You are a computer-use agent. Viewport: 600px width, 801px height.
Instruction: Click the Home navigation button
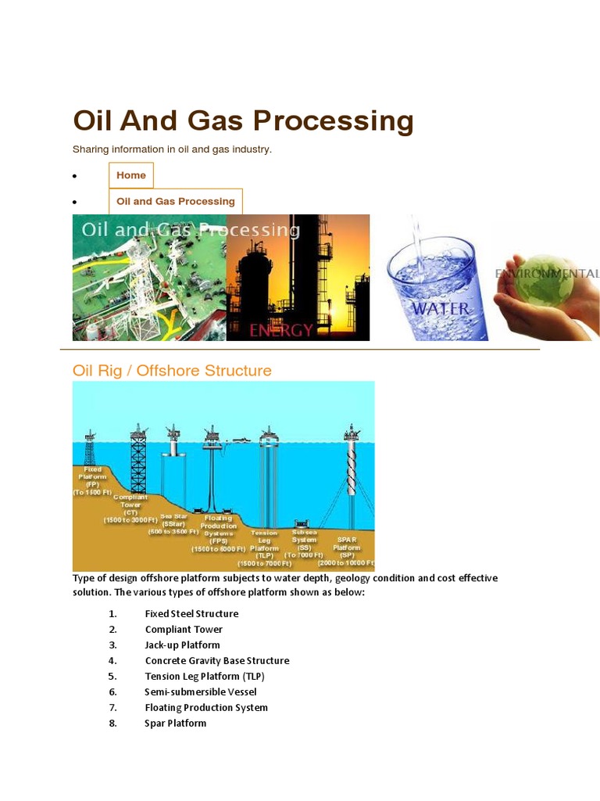point(131,175)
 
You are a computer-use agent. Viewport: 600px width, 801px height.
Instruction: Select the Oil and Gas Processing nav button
point(176,201)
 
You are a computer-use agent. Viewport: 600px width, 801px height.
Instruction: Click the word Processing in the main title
point(330,121)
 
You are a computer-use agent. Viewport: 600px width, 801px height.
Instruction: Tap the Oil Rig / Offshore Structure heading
point(172,370)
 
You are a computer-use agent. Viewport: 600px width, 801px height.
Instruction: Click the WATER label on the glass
point(441,308)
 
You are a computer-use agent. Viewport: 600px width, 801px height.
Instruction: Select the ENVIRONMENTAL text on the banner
point(546,274)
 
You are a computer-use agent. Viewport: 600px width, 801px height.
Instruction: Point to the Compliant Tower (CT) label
point(130,508)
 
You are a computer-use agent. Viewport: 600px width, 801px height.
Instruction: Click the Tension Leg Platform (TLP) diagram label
point(265,548)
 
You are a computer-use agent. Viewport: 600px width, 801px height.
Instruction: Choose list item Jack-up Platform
point(182,645)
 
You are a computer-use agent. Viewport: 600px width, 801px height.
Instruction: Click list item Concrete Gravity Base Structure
point(216,661)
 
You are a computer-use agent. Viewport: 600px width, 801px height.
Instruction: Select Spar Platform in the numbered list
point(176,724)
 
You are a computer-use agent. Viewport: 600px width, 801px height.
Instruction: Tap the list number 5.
point(112,677)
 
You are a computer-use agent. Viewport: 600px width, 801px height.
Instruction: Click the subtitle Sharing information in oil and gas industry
point(172,149)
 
